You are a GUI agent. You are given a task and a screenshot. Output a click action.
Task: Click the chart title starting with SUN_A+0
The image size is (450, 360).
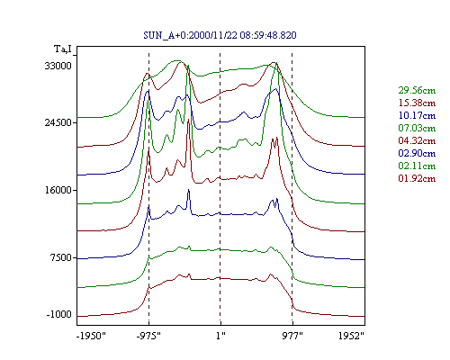click(220, 35)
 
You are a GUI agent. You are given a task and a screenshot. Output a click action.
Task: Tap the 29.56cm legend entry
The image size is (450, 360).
click(417, 90)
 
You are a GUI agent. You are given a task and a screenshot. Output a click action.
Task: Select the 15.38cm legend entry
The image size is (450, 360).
click(417, 103)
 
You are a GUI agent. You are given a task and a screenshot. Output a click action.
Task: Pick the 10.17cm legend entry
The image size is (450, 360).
click(417, 115)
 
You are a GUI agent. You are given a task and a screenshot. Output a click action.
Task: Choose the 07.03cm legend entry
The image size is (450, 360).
click(417, 128)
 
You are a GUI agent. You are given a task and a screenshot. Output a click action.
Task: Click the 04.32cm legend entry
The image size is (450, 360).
click(417, 140)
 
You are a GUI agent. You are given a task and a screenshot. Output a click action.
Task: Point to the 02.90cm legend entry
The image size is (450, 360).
click(417, 153)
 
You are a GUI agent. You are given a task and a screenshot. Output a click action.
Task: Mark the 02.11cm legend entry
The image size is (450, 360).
click(417, 166)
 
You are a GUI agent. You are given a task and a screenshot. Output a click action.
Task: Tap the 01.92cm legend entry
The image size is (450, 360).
click(417, 178)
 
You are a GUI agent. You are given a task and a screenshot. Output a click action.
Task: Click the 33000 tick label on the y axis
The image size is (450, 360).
click(58, 66)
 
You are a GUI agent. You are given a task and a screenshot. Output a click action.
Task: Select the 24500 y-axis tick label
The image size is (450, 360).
click(58, 122)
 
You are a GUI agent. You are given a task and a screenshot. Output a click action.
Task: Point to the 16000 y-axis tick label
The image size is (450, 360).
click(58, 190)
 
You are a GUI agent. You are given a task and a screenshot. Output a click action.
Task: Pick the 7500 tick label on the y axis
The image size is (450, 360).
click(61, 257)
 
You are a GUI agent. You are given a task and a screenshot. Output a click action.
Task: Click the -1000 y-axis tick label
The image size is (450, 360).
click(59, 314)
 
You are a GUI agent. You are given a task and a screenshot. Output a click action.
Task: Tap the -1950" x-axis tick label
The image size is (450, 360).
click(92, 336)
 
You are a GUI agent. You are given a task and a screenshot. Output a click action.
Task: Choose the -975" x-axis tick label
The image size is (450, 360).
click(148, 336)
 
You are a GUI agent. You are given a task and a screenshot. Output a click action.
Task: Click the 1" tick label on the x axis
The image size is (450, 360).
click(220, 336)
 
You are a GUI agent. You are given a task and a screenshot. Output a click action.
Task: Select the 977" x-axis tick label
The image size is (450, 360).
click(292, 336)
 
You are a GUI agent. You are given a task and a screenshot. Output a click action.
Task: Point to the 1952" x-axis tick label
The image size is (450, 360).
click(351, 336)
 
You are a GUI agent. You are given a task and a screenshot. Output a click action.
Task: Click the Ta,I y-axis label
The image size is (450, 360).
click(63, 49)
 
